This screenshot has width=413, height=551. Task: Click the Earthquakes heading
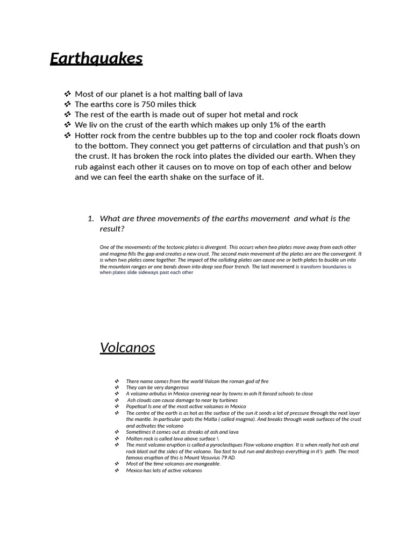(96, 58)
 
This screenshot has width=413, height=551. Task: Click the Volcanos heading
(127, 348)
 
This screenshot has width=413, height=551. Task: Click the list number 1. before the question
(90, 218)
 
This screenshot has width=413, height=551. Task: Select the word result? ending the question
(112, 229)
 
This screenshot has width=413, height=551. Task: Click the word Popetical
(137, 407)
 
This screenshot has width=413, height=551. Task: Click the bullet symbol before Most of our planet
(67, 94)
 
